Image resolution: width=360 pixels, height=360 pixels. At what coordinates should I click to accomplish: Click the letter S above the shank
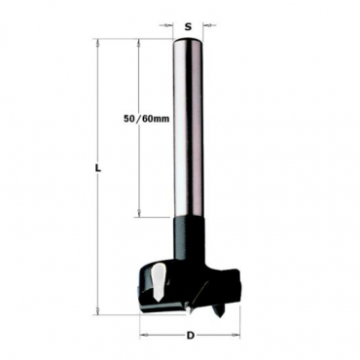point(188,27)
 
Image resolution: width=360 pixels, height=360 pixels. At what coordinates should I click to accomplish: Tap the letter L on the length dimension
point(98,168)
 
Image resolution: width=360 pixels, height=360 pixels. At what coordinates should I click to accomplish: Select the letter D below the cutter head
point(191,336)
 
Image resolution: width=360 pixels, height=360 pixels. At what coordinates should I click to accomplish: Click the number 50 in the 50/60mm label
point(128,119)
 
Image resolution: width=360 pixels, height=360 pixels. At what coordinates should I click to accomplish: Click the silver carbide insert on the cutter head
point(159,281)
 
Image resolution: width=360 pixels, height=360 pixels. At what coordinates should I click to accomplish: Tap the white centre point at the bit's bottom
point(188,308)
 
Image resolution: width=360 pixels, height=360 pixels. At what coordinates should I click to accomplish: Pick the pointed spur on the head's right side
point(217,308)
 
